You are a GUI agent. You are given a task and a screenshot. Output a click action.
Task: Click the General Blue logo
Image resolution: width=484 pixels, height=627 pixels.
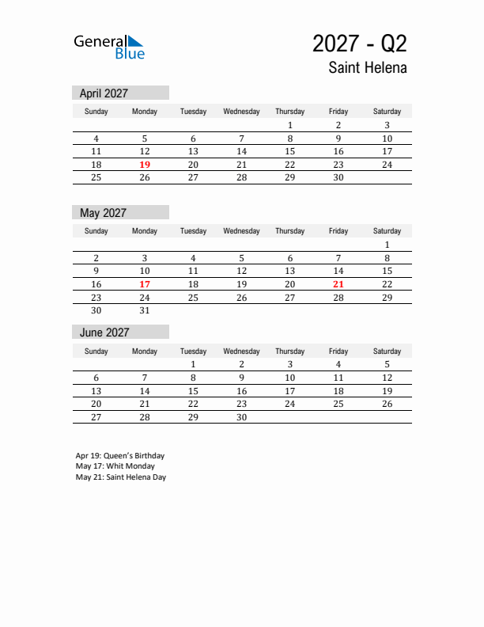109,47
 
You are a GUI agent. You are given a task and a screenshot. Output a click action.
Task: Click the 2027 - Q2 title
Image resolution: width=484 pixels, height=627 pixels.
359,43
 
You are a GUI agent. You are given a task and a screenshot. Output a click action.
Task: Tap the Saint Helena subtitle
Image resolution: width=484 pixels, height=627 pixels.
368,68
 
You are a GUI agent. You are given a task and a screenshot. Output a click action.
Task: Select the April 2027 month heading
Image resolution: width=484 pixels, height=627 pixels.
104,93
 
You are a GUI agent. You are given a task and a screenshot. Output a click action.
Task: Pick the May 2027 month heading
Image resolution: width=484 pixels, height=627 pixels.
104,213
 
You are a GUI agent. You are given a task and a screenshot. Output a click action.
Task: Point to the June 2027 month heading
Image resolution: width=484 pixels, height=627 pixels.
104,332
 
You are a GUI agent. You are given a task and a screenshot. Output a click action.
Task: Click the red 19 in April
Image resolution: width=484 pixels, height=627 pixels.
145,165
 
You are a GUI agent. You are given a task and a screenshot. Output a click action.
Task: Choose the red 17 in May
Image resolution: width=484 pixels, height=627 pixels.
145,284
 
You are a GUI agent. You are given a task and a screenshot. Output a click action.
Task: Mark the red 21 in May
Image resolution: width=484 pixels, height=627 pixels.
338,284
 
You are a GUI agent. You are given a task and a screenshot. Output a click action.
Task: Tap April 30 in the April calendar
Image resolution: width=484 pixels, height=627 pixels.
338,178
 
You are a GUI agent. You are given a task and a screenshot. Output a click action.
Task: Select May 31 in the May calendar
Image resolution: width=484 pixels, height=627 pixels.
145,311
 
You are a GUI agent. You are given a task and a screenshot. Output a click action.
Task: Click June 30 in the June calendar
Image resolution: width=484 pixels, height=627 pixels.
241,417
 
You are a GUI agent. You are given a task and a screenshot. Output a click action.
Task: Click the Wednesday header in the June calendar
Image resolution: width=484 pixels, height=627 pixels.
241,351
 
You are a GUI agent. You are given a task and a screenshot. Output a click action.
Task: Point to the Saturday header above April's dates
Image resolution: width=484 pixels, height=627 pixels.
387,112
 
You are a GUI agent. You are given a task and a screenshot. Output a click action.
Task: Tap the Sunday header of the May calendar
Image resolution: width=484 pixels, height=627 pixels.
96,231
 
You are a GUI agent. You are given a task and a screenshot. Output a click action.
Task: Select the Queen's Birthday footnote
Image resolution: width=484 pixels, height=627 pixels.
120,456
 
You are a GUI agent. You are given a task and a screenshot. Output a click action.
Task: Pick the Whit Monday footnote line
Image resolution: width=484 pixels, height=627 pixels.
115,466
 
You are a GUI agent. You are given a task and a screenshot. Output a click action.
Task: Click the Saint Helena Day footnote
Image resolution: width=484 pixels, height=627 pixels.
121,477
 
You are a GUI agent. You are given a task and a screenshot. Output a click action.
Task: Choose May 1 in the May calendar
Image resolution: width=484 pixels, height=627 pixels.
387,245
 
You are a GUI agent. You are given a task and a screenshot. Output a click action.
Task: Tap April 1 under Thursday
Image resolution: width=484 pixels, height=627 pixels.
290,125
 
